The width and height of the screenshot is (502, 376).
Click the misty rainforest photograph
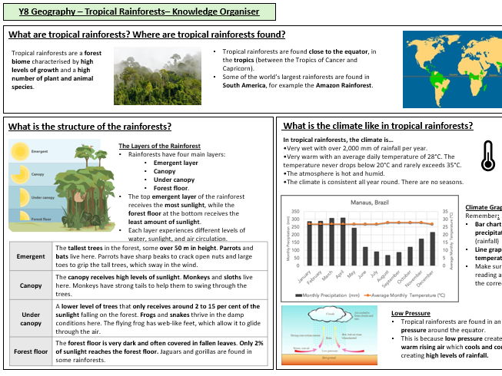pyautogui.click(x=158, y=75)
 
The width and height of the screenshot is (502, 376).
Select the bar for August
pyautogui.click(x=387, y=259)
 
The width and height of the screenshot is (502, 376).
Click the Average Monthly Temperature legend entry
pyautogui.click(x=405, y=295)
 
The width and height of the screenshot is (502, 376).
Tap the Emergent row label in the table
pyautogui.click(x=32, y=256)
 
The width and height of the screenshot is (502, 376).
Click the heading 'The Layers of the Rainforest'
pyautogui.click(x=159, y=146)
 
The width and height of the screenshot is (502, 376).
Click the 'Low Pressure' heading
pyautogui.click(x=410, y=313)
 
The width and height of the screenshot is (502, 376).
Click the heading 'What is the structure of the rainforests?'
pyautogui.click(x=90, y=127)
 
